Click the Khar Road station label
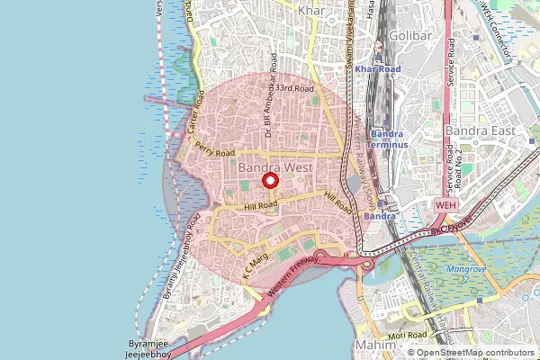click(x=376, y=68)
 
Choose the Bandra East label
click(x=481, y=130)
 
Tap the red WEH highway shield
click(x=446, y=205)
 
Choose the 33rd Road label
click(x=294, y=89)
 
